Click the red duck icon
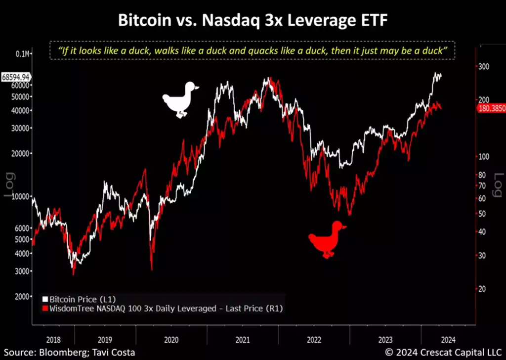[327, 239]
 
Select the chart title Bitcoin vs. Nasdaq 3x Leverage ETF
[253, 21]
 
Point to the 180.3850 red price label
[491, 108]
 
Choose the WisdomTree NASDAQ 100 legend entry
[163, 308]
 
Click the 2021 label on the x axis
[243, 341]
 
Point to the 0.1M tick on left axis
[22, 53]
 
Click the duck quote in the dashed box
[253, 51]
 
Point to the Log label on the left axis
[9, 184]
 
